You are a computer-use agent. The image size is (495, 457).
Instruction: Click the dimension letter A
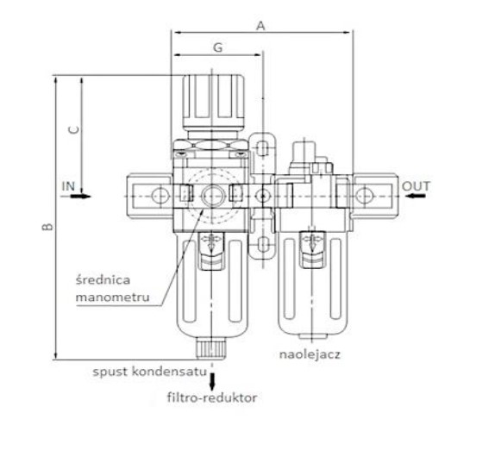coord(260,26)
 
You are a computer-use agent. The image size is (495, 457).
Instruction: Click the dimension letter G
coord(218,47)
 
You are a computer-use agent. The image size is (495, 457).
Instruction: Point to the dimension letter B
coord(48,226)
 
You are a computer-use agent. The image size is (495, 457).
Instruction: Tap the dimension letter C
coord(74,129)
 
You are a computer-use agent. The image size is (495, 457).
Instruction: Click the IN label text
coord(68,186)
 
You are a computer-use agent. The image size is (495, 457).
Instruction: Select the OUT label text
coord(416,186)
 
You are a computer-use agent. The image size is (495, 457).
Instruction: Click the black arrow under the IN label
coord(80,197)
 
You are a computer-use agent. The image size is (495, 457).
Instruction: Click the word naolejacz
coord(310,354)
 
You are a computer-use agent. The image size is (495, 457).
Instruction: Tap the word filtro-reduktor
coord(212,398)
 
